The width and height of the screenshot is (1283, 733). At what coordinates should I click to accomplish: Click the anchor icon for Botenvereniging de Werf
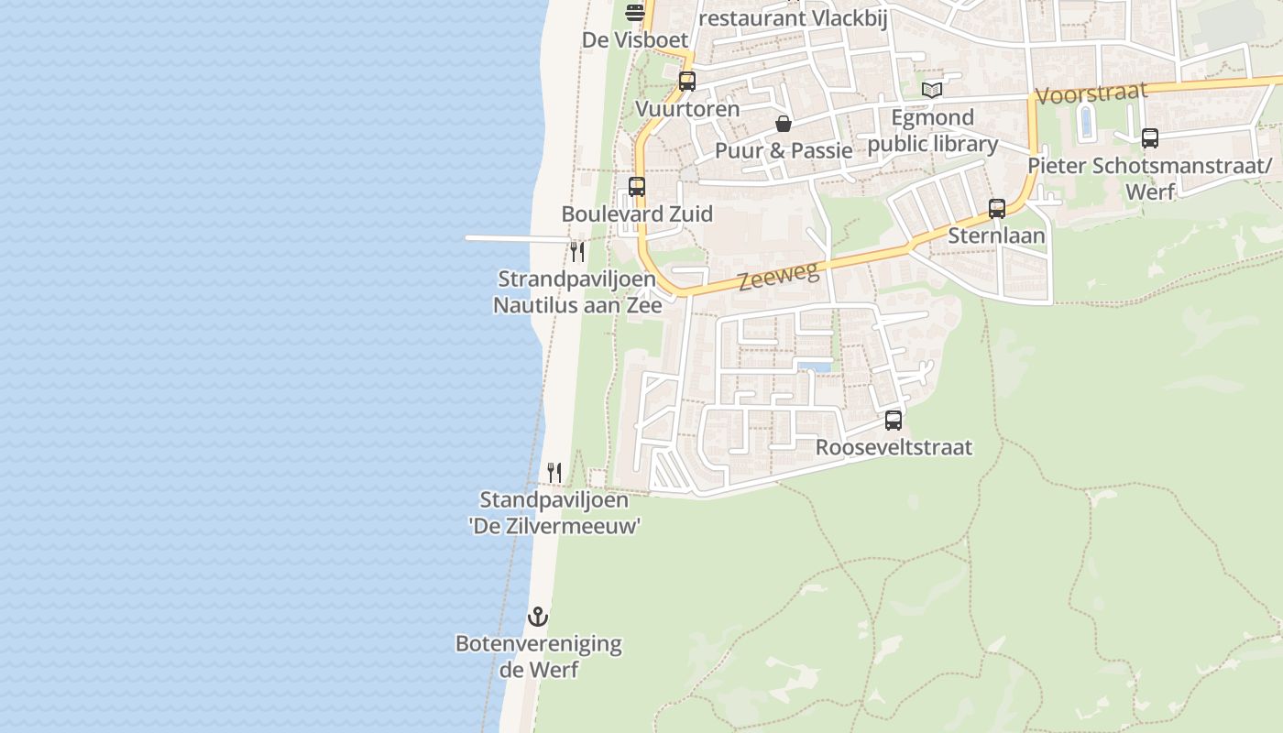tap(538, 617)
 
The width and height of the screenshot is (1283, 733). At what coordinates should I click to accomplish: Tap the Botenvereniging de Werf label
tap(538, 656)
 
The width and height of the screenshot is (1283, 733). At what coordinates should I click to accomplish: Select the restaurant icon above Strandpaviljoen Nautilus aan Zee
tap(577, 251)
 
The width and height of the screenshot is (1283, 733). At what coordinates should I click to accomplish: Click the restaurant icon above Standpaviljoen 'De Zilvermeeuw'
tap(554, 473)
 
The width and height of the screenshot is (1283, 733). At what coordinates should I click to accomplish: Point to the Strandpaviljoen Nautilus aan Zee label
tap(577, 292)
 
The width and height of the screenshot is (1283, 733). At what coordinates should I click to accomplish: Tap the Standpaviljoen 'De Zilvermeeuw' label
tap(554, 513)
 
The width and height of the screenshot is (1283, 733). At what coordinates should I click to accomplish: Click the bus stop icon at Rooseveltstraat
tap(894, 421)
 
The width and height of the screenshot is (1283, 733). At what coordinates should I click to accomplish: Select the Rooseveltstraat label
tap(894, 447)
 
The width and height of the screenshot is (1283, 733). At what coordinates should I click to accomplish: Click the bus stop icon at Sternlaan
tap(997, 209)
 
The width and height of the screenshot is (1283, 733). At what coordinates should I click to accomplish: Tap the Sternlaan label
tap(996, 235)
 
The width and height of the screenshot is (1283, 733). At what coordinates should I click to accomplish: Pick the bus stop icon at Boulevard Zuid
tap(637, 187)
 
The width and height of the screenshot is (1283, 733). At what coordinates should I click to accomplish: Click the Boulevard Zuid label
tap(637, 213)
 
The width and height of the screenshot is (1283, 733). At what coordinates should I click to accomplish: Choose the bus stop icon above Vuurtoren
tap(687, 82)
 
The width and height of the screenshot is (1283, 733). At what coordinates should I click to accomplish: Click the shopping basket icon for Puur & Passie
tap(784, 124)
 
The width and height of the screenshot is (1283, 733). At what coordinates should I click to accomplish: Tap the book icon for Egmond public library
tap(932, 91)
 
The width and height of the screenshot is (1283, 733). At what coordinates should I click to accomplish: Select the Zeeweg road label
tap(777, 273)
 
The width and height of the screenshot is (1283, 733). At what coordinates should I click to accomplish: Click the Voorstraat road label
tap(1091, 93)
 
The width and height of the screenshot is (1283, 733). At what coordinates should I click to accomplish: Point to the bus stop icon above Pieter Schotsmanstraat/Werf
tap(1150, 138)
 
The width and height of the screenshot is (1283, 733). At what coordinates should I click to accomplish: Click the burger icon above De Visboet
tap(635, 13)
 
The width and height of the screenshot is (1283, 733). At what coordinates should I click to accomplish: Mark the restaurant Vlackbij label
tap(794, 18)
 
